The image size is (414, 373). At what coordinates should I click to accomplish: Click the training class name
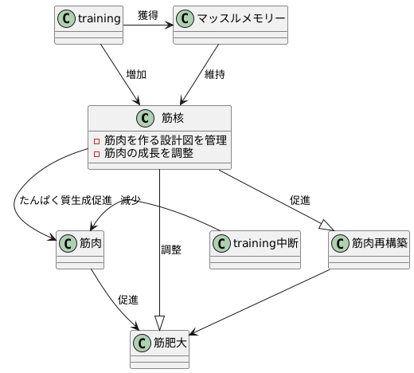(100, 17)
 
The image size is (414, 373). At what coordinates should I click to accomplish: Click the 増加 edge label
(136, 75)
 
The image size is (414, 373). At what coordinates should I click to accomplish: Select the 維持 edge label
(214, 75)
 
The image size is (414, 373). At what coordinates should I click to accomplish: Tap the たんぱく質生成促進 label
(63, 200)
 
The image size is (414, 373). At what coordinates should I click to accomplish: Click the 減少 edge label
(131, 200)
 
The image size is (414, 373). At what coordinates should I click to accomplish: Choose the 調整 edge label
(171, 249)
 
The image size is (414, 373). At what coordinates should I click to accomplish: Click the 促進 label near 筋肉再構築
(300, 200)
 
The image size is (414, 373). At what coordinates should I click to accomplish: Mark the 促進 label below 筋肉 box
(127, 300)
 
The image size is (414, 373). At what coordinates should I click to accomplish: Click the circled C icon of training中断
(221, 242)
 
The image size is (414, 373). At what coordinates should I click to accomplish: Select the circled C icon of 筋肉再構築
(341, 242)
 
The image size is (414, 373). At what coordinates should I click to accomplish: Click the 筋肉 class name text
(90, 242)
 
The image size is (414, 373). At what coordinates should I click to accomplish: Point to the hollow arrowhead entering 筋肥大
(160, 323)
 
